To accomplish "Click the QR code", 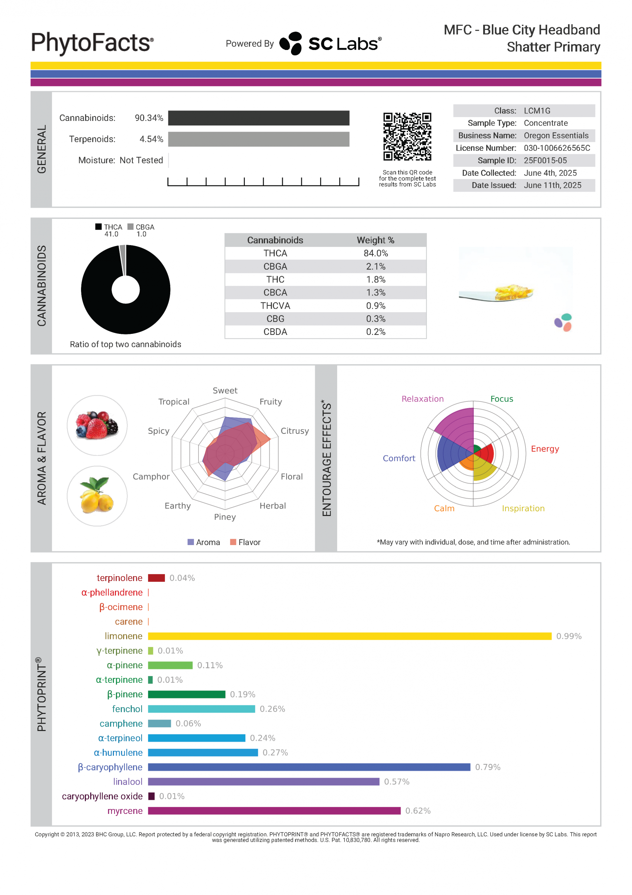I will [x=407, y=136].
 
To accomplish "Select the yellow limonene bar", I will [x=349, y=636].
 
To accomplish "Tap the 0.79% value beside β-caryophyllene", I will [x=487, y=767].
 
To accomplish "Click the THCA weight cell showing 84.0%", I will [x=376, y=253].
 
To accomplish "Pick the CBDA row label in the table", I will [x=275, y=332].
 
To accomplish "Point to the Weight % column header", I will [x=376, y=240].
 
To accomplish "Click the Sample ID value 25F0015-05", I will [x=545, y=160].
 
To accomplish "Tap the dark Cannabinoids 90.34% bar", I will [x=259, y=118].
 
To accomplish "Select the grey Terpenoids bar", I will [x=259, y=139].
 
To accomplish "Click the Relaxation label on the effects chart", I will [x=422, y=399].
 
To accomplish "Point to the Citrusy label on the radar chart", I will [x=295, y=431].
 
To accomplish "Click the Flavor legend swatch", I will [x=233, y=542].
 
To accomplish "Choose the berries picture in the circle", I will [x=97, y=425].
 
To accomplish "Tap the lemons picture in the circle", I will [x=97, y=496].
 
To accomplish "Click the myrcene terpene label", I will [x=125, y=811].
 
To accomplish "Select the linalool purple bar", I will [x=263, y=782].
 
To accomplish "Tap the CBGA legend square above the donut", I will [x=131, y=227].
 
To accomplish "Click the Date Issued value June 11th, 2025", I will [x=552, y=186].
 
